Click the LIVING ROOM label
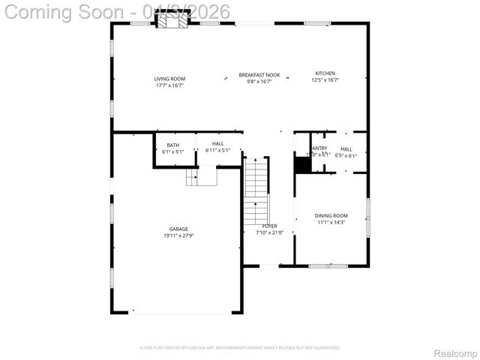coord(169,79)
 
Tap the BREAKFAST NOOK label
coord(259,74)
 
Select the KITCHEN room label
coord(325,73)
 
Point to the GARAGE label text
coord(178,229)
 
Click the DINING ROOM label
coord(331,216)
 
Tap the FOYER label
coord(269,226)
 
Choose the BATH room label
coord(173,145)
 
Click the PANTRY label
coord(319,148)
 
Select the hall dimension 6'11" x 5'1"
coord(217,151)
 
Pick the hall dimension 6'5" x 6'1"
coord(346,155)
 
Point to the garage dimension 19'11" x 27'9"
coord(178,236)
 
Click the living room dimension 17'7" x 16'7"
coord(169,85)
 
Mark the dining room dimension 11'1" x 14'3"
coord(331,223)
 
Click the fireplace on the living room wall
coord(172,22)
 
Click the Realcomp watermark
coord(455,352)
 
